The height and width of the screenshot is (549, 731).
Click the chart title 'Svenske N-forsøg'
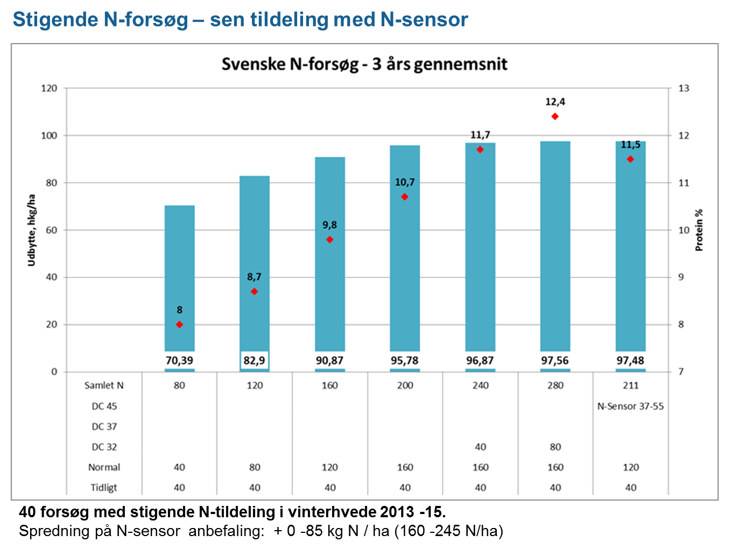point(364,64)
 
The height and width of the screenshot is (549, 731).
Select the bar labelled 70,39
point(179,269)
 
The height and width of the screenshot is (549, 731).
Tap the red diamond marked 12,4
point(555,117)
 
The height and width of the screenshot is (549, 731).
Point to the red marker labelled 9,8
point(330,240)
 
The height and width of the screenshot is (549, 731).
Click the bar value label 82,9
point(254,361)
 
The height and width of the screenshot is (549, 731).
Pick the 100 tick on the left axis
point(49,136)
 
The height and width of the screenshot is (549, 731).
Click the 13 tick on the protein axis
point(684,88)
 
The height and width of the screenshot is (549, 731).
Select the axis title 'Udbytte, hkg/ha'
point(32,230)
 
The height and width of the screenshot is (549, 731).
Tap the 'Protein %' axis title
point(699,230)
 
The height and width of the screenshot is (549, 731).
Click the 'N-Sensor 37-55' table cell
point(630,406)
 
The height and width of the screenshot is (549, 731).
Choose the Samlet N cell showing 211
point(630,385)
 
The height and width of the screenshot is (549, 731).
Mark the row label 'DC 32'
point(104,447)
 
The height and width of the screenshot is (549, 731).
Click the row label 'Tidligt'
point(104,488)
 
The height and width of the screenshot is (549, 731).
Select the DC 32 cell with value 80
point(555,447)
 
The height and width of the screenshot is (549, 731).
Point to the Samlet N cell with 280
point(555,385)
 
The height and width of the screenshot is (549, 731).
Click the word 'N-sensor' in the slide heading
point(424,19)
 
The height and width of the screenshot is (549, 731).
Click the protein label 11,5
point(630,145)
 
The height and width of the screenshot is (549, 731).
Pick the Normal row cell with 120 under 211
point(630,467)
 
